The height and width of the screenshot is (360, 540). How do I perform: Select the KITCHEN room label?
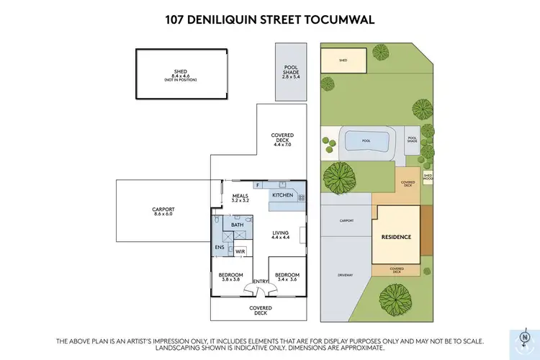click(x=282, y=194)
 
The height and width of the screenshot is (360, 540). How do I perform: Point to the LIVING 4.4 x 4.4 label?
click(x=282, y=235)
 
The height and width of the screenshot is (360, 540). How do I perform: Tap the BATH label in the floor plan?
click(x=238, y=225)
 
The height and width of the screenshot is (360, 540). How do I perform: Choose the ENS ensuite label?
click(x=220, y=248)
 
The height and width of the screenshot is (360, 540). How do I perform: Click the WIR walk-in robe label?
click(x=239, y=251)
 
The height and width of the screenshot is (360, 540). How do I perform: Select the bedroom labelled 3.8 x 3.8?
click(x=230, y=277)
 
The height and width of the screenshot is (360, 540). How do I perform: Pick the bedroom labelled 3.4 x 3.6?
click(x=287, y=277)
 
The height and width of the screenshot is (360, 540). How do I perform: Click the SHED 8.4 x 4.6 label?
click(x=180, y=73)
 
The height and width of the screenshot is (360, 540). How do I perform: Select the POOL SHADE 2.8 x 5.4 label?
click(x=290, y=72)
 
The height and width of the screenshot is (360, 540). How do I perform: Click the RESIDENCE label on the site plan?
click(x=396, y=237)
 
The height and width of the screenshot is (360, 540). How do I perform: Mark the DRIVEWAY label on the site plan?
click(x=345, y=275)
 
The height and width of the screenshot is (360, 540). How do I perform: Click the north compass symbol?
click(x=523, y=337)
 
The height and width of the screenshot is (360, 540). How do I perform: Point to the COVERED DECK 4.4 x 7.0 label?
click(x=282, y=140)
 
